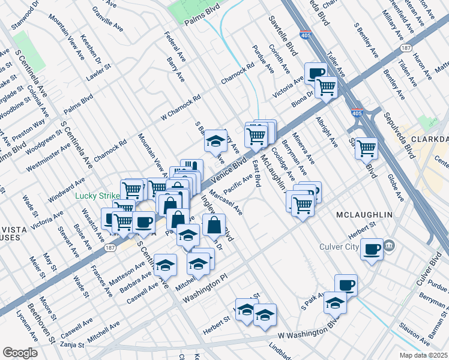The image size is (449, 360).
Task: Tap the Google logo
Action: coord(20,353)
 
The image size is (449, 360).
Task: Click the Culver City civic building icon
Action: coord(390,245)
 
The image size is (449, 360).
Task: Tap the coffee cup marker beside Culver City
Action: coord(372,248)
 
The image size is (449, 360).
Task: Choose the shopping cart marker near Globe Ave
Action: coord(366,148)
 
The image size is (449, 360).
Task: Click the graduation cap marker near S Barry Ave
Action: coord(214,142)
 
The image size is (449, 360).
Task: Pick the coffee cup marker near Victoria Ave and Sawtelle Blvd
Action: coord(316,73)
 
